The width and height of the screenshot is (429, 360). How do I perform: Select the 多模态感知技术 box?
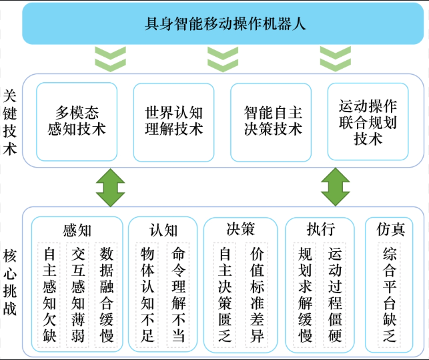[77, 122]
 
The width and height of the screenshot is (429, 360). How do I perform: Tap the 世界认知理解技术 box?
[173, 122]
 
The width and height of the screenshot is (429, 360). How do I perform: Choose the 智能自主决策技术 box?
[272, 122]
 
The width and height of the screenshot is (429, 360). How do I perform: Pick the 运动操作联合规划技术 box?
[368, 122]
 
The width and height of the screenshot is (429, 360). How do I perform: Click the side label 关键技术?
[9, 122]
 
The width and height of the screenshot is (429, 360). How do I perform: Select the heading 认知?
[163, 230]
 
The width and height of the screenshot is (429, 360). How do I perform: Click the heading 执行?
[320, 230]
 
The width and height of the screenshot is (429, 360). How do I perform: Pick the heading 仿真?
[390, 230]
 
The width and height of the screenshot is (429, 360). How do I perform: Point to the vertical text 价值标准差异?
[257, 295]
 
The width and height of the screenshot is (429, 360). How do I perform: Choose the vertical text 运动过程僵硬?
[336, 295]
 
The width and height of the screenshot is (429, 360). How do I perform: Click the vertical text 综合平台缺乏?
[390, 295]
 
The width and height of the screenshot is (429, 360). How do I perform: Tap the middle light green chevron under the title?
[223, 59]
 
